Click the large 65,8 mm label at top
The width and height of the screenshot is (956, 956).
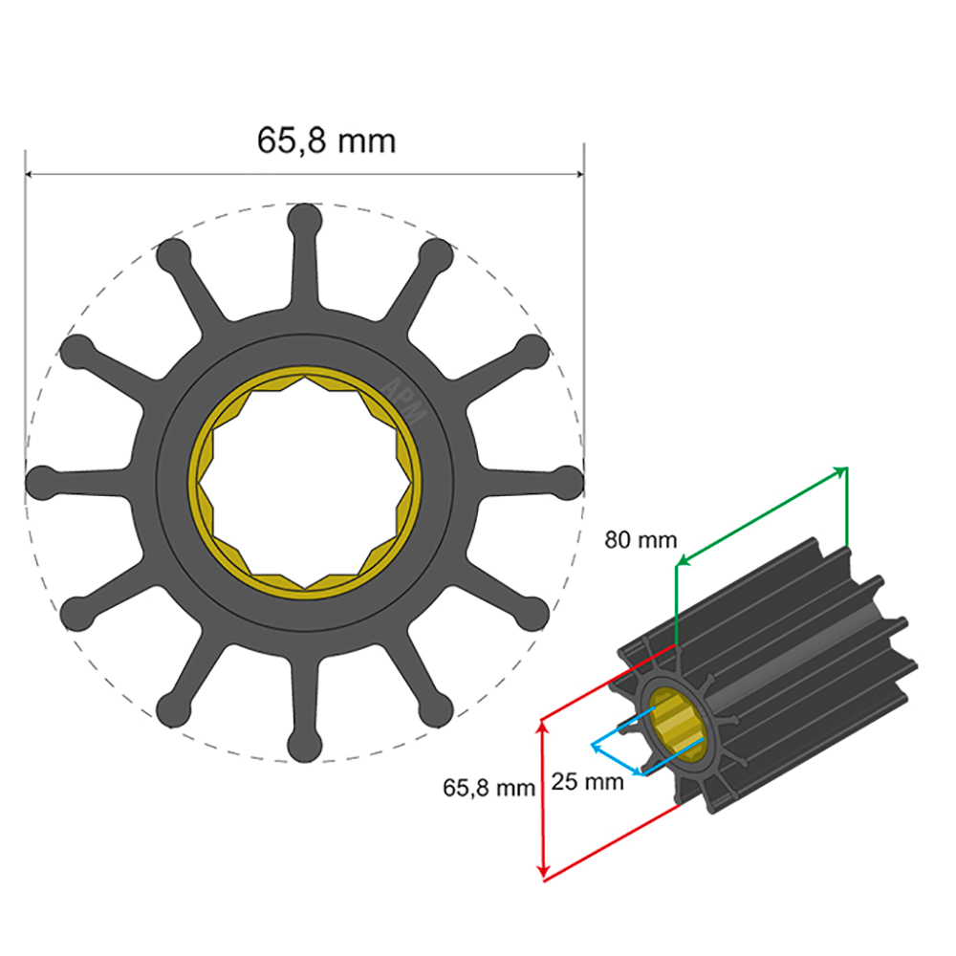(x=326, y=141)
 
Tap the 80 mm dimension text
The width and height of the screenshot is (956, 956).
(x=641, y=540)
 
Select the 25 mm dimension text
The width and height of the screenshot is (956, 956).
(x=588, y=782)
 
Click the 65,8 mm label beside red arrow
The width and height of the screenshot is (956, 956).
(x=489, y=788)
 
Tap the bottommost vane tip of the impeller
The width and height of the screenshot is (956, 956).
(x=305, y=744)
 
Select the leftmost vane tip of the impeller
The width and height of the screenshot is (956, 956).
(x=42, y=482)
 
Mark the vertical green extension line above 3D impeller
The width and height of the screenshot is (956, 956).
(x=677, y=602)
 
